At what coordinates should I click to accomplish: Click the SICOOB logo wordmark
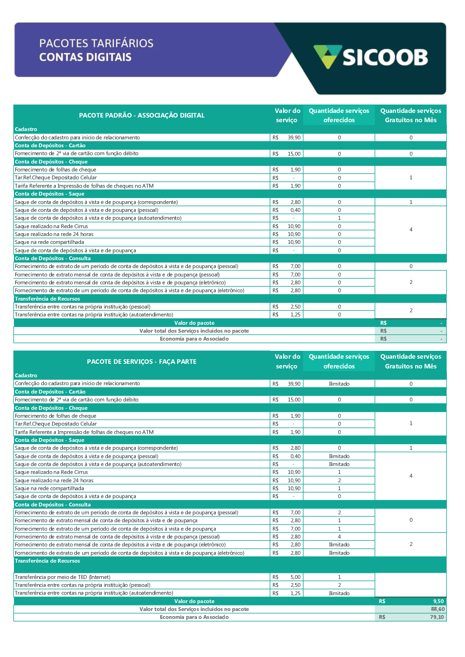[x=385, y=58]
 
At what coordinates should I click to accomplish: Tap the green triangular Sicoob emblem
[x=327, y=56]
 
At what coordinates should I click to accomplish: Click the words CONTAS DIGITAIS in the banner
[x=85, y=57]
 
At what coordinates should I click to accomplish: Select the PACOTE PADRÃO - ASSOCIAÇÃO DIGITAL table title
[x=141, y=115]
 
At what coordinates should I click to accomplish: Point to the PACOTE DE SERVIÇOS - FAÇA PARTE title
[x=141, y=361]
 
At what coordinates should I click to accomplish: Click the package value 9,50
[x=438, y=601]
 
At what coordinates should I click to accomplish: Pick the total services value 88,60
[x=438, y=609]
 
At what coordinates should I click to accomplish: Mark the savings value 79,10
[x=437, y=617]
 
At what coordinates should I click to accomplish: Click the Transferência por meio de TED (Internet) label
[x=62, y=577]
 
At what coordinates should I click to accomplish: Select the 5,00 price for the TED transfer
[x=295, y=577]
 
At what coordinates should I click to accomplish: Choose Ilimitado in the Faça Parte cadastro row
[x=339, y=384]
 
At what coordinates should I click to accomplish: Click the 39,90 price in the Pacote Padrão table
[x=294, y=138]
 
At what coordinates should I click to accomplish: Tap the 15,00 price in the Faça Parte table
[x=294, y=400]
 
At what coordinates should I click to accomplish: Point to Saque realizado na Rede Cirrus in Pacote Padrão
[x=51, y=226]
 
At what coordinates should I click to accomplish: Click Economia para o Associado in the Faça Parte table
[x=194, y=617]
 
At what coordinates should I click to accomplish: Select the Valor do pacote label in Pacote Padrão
[x=194, y=323]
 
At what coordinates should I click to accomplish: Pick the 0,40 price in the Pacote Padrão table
[x=295, y=210]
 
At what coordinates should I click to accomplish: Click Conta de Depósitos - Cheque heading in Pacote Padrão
[x=51, y=162]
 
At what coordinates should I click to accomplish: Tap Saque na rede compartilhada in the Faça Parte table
[x=49, y=488]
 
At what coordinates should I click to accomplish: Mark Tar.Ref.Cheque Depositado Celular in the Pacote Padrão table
[x=56, y=177]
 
